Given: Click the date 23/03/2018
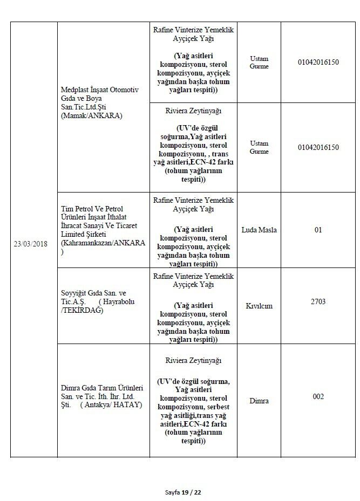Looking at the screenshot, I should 30,244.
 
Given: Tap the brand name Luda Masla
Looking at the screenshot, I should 261,230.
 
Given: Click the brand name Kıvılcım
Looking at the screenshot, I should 260,306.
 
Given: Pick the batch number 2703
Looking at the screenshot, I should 318,301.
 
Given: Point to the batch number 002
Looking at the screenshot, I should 318,397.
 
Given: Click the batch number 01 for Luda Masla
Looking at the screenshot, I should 318,230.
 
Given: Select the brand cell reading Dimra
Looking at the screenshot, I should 260,401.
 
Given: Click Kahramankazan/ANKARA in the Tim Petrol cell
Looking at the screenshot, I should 103,243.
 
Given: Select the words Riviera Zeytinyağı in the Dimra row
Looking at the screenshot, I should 193,361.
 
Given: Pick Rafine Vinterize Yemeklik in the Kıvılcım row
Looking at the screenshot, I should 193,276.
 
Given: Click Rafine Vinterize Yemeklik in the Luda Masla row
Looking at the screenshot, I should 193,200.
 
